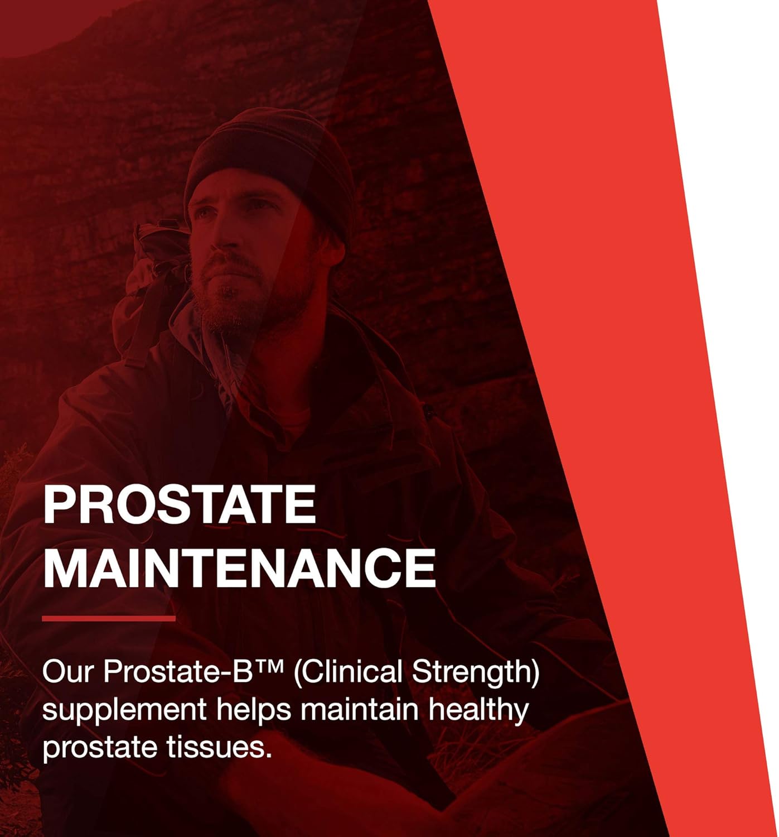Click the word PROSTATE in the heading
tap(179, 504)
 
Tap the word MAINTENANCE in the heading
tap(239, 567)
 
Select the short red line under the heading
tap(109, 618)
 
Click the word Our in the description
tap(66, 672)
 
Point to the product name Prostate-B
tap(173, 672)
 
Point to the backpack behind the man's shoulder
tap(153, 268)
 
